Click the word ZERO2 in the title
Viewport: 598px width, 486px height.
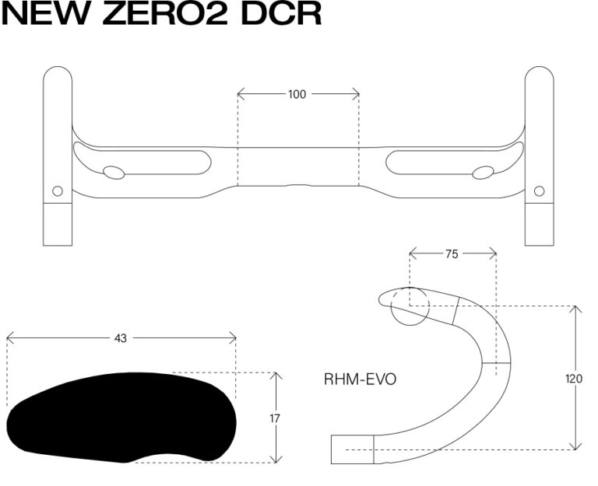[x=165, y=13]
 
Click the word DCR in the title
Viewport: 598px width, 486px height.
[x=281, y=13]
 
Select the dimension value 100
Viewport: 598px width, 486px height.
[x=297, y=94]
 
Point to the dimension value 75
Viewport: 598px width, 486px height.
[x=452, y=254]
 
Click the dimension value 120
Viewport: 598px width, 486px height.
[x=574, y=379]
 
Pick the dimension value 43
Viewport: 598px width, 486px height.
[x=120, y=338]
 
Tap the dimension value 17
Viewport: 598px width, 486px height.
[x=275, y=418]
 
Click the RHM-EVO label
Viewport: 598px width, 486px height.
[x=360, y=379]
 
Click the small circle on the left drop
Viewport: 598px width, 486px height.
[x=58, y=191]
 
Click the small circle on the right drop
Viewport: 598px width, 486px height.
[x=540, y=191]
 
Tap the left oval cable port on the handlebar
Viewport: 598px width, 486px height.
[x=114, y=173]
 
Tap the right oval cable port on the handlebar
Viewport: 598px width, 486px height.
[x=484, y=173]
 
